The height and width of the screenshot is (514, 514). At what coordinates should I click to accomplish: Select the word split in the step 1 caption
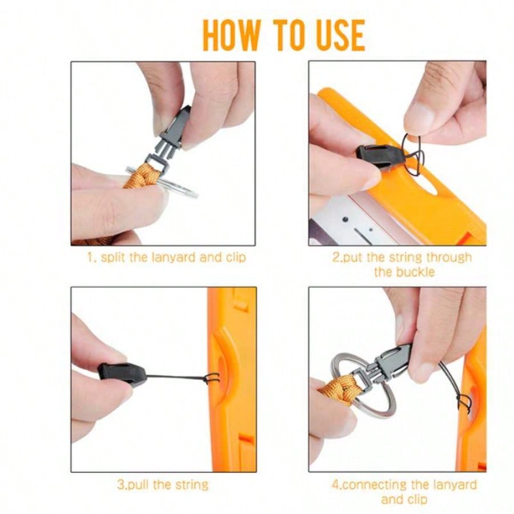click(x=113, y=258)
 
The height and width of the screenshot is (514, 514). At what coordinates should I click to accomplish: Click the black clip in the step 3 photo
click(x=122, y=374)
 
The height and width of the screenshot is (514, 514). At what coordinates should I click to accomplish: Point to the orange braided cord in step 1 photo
click(x=144, y=176)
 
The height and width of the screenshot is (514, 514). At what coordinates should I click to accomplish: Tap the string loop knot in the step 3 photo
click(x=213, y=379)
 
